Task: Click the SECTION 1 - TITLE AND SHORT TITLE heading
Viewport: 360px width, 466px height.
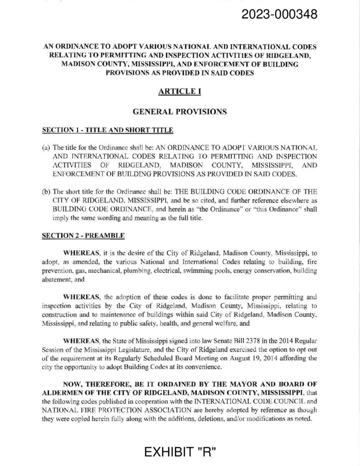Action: point(107,131)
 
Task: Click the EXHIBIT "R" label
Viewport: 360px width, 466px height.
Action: point(180,452)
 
